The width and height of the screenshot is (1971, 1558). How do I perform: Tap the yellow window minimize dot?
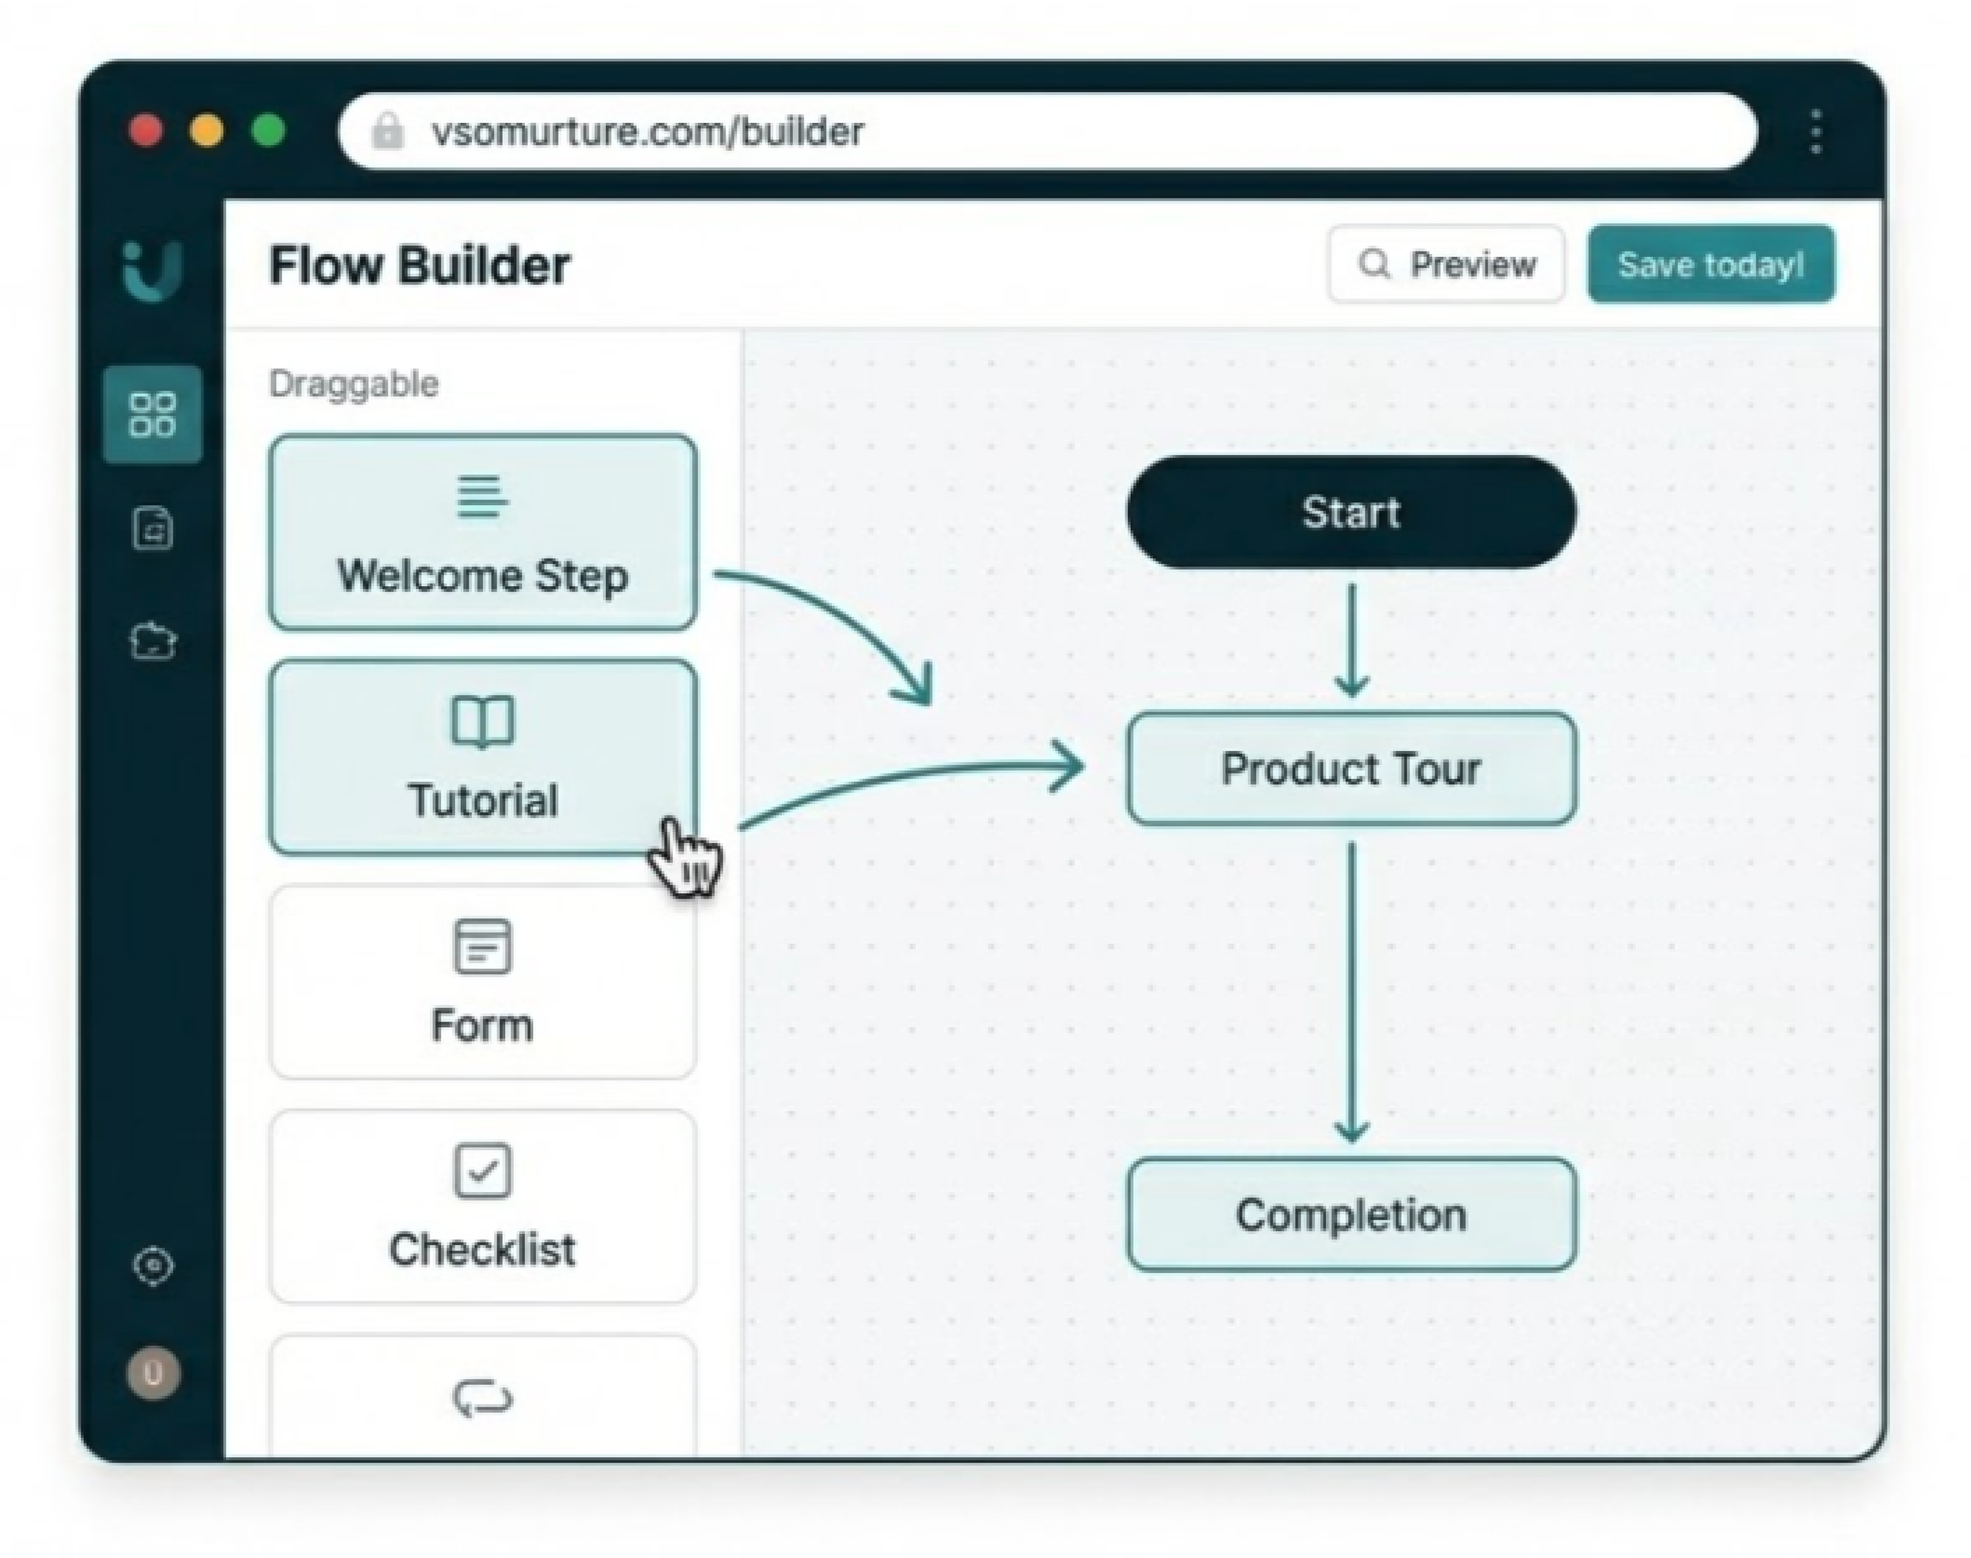pyautogui.click(x=207, y=130)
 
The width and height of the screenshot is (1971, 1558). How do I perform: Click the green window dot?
pyautogui.click(x=268, y=130)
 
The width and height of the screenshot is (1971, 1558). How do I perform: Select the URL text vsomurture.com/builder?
pyautogui.click(x=648, y=132)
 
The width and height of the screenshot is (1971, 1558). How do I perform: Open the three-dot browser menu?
pyautogui.click(x=1816, y=132)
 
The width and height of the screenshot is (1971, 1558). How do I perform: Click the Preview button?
pyautogui.click(x=1447, y=265)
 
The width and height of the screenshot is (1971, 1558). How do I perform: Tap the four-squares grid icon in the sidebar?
pyautogui.click(x=153, y=415)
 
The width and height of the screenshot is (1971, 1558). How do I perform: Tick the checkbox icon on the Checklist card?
pyautogui.click(x=482, y=1170)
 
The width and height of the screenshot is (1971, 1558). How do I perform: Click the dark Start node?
pyautogui.click(x=1351, y=513)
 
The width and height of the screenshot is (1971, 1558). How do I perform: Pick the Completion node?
pyautogui.click(x=1351, y=1215)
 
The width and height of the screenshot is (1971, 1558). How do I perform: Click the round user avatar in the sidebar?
pyautogui.click(x=153, y=1373)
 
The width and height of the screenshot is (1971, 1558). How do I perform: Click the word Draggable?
pyautogui.click(x=354, y=384)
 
